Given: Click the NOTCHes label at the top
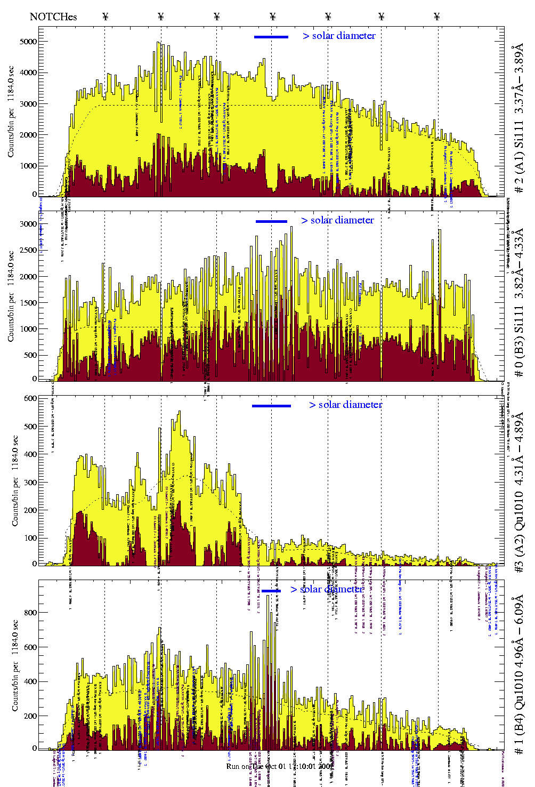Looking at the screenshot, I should tap(53, 17).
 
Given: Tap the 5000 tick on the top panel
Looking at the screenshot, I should tap(28, 42).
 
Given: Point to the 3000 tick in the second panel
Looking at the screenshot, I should tap(28, 224).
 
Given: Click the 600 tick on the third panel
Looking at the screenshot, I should tap(30, 398).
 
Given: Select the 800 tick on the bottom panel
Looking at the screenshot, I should tap(30, 613).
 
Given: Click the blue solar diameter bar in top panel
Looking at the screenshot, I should tap(271, 37).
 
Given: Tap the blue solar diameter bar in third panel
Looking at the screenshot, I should tap(271, 406).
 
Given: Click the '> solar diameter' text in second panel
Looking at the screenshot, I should tap(337, 220).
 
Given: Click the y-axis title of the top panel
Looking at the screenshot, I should tap(11, 111).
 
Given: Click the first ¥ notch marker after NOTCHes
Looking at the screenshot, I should tap(106, 17).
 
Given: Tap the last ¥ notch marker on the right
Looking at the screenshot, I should tap(437, 17).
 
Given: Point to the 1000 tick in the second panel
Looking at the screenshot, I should tap(28, 329).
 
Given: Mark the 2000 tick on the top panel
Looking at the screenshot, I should tap(28, 135).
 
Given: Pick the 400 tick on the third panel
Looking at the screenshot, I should tap(30, 454).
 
